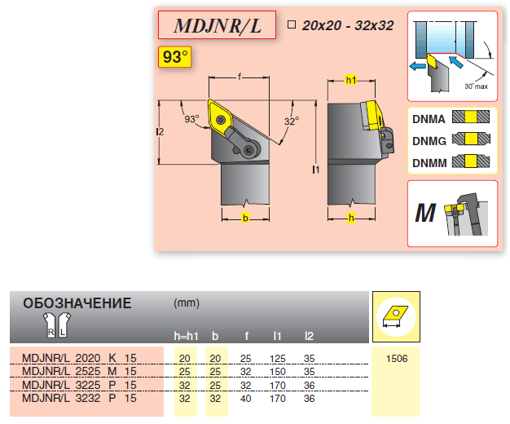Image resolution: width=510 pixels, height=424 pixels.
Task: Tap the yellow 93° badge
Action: (x=175, y=58)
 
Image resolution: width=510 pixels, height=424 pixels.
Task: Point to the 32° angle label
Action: (x=291, y=121)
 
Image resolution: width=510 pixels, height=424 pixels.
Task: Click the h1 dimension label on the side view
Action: (x=351, y=81)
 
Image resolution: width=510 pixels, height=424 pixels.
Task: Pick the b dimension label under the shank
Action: (x=244, y=218)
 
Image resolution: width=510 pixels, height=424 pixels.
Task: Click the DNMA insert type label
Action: (x=429, y=118)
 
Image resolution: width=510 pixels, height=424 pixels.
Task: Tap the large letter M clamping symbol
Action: (x=424, y=214)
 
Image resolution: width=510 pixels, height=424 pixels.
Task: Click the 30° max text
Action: (x=474, y=86)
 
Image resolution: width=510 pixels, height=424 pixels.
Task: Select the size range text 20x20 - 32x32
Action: (x=347, y=26)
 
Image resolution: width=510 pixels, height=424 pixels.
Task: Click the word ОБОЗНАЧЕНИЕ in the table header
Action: (x=77, y=303)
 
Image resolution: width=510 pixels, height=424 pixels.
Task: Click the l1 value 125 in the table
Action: (x=278, y=358)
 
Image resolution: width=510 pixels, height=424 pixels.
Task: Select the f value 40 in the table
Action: (x=245, y=398)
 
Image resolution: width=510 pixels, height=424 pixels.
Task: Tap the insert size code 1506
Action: (x=394, y=358)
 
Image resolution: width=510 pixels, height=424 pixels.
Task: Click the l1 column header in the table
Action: (x=278, y=335)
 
